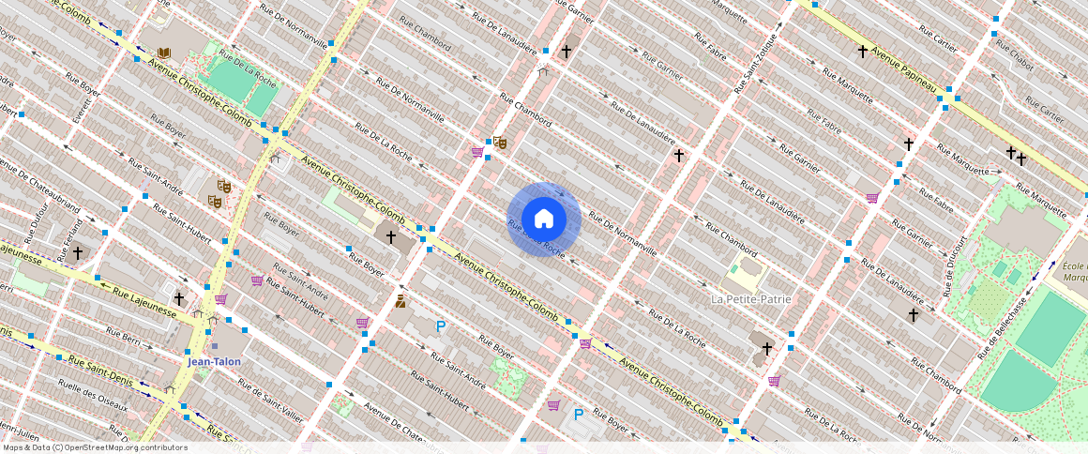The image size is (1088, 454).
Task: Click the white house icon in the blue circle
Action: [543, 219]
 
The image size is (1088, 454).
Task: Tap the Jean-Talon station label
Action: [214, 362]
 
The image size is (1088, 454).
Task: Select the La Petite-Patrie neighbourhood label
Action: [750, 299]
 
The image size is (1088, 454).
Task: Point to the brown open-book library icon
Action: [165, 53]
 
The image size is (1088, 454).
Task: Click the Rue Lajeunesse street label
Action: [145, 303]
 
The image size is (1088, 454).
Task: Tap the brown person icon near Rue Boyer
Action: [400, 302]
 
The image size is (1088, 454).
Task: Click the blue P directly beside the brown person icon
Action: [441, 326]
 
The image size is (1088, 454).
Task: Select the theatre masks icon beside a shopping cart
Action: [500, 143]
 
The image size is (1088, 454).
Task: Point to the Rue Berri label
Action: [123, 336]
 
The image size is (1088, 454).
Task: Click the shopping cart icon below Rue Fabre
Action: [873, 198]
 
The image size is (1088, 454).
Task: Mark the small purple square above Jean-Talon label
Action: [214, 346]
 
